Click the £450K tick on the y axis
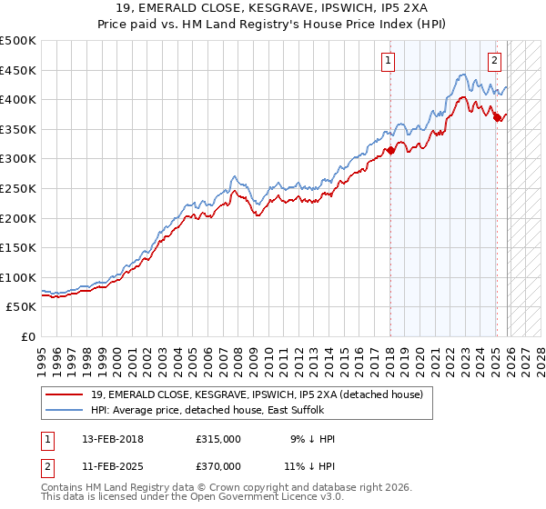point(18,70)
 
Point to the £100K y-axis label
point(18,277)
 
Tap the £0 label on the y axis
point(28,336)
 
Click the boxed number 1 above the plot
point(388,61)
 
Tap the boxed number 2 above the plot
point(494,61)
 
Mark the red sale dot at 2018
point(390,150)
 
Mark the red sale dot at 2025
point(497,117)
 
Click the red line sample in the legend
point(66,394)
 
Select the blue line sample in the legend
point(66,409)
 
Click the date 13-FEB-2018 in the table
point(113,439)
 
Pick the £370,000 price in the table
point(218,465)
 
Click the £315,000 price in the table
point(218,439)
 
